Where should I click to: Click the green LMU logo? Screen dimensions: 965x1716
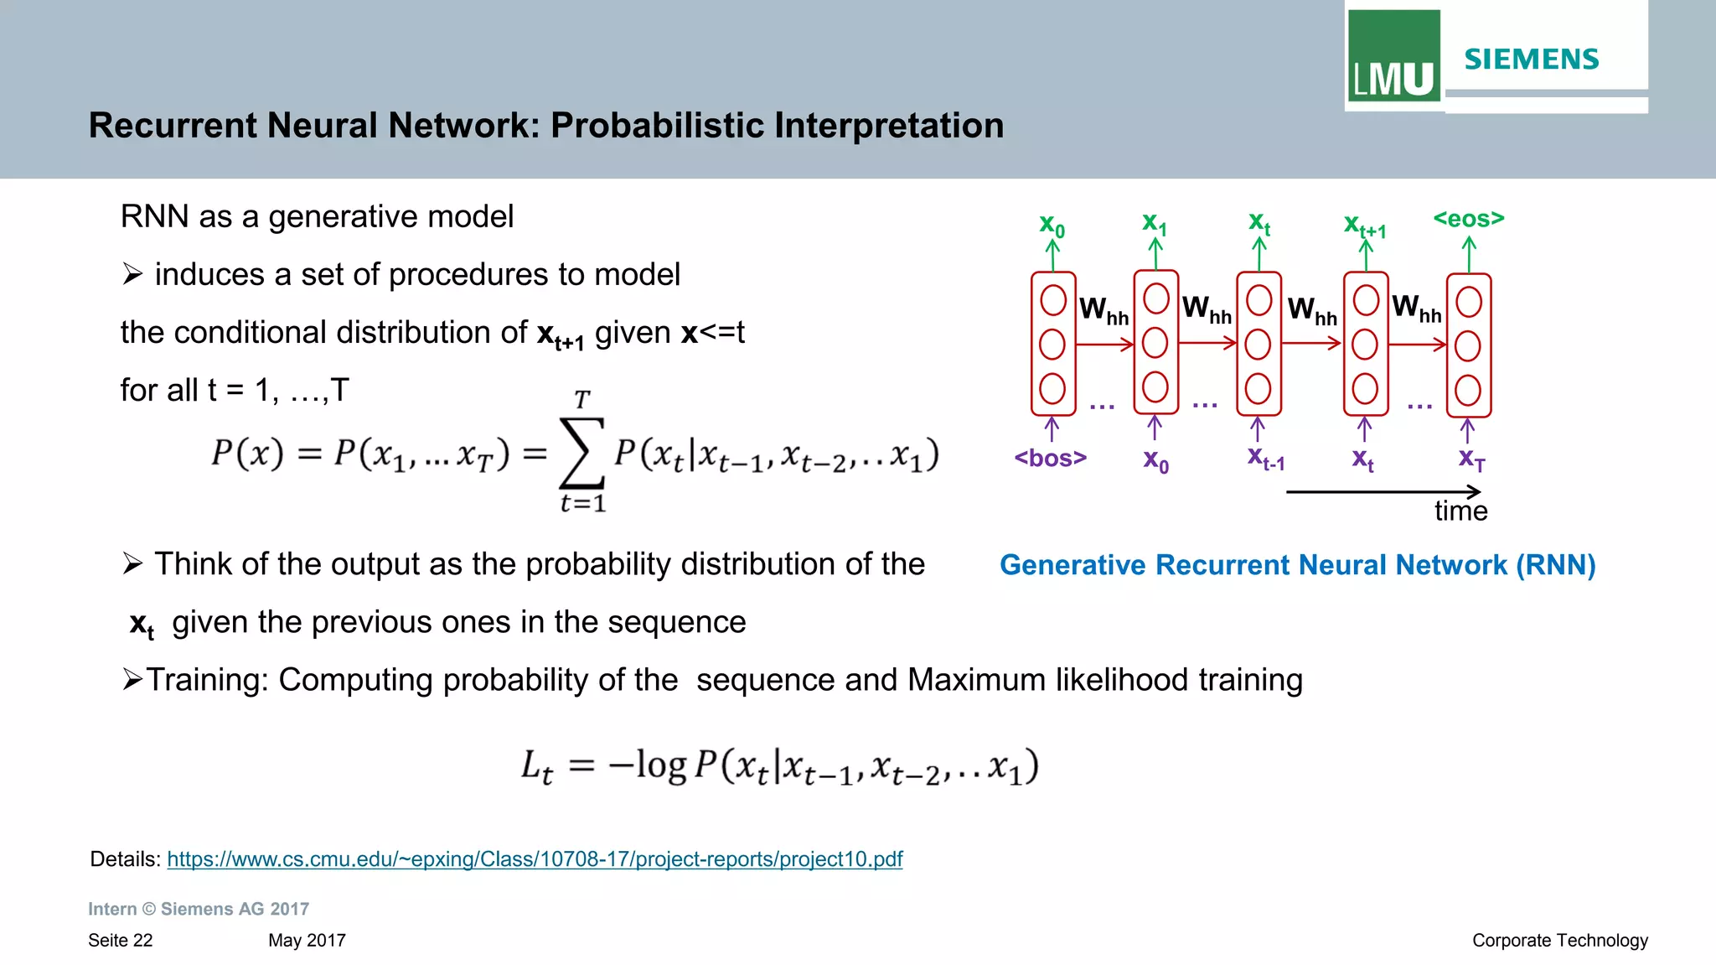coord(1393,55)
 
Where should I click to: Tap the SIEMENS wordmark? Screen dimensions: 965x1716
coord(1532,60)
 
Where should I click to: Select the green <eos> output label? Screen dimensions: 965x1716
coord(1469,219)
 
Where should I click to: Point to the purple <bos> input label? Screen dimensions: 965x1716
coord(1050,458)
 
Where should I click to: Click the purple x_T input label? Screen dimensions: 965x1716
coord(1471,459)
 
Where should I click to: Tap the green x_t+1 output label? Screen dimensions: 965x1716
coord(1365,226)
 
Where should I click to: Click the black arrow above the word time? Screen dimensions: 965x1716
coord(1383,492)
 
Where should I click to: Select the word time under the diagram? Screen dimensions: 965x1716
coord(1460,511)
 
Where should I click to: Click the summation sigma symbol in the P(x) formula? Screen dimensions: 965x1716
coord(581,453)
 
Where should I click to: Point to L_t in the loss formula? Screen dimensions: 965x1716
coord(537,766)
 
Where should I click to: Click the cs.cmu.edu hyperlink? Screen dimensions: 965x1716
coord(535,859)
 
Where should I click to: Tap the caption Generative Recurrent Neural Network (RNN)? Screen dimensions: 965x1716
coord(1297,565)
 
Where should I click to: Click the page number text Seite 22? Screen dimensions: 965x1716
coord(121,941)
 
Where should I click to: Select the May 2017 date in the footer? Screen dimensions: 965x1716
coord(307,941)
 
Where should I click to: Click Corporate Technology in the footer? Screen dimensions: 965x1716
coord(1559,941)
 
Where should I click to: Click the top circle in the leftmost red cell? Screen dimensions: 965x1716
coord(1053,300)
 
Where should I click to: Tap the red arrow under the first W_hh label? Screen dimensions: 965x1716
coord(1104,344)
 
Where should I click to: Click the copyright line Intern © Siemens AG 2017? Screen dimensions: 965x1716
coord(199,909)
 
